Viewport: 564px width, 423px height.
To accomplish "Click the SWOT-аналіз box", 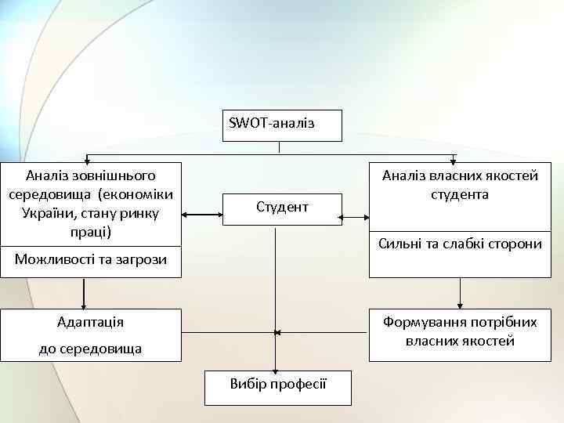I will click(281, 125).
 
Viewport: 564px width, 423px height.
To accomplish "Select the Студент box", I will click(282, 208).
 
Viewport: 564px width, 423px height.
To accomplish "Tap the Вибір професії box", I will click(278, 384).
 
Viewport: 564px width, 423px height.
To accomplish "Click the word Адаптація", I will click(91, 322).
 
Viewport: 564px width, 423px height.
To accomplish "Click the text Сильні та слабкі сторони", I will click(460, 244).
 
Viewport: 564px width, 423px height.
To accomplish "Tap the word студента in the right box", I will click(460, 194).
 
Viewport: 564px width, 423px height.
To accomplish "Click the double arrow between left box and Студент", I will click(202, 212).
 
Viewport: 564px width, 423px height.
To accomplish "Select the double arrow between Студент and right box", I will click(356, 212).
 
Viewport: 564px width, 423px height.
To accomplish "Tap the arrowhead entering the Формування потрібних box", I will click(460, 304).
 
